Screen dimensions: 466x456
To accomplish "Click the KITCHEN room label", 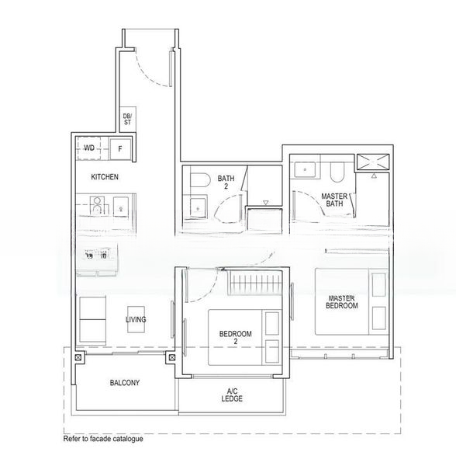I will click(105, 177).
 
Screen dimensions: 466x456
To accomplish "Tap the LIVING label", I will click(136, 319).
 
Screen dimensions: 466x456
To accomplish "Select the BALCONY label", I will click(124, 383).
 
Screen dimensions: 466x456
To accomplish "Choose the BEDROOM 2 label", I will click(236, 337).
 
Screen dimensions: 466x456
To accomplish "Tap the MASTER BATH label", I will click(333, 200).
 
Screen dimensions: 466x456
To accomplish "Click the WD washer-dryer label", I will click(89, 147).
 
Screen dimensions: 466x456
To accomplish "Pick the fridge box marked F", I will click(120, 148).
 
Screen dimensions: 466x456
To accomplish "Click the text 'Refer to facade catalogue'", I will click(103, 439).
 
